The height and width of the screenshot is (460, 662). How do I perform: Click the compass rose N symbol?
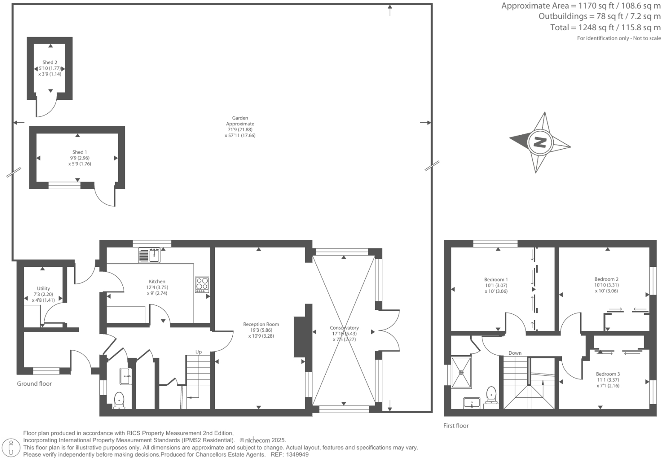540,142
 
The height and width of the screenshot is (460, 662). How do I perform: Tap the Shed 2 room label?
50,62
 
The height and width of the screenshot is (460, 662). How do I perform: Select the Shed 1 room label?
80,152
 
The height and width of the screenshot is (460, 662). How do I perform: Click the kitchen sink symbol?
149,255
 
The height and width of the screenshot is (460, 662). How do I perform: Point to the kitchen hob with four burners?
202,284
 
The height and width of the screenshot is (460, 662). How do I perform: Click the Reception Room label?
261,324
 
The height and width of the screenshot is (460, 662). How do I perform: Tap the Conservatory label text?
344,328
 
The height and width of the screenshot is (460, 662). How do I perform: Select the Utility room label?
43,289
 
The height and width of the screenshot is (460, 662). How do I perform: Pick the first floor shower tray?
461,372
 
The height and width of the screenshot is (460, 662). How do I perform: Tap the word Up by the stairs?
198,352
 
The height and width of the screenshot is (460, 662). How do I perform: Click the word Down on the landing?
515,353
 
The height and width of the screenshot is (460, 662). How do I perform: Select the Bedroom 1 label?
496,280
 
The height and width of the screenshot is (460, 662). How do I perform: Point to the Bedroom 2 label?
606,279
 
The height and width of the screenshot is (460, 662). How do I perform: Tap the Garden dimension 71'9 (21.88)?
240,130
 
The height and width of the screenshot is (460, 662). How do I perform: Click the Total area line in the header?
605,28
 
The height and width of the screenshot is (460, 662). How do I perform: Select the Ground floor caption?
34,384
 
